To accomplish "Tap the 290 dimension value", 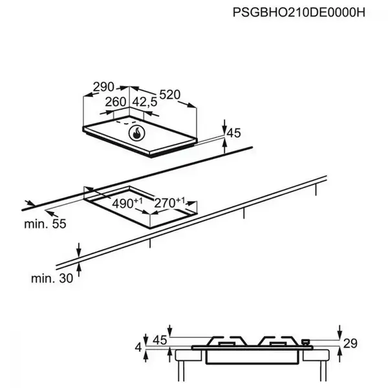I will coord(103,86).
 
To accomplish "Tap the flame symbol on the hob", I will coord(137,134).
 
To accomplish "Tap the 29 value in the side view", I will coord(350,344).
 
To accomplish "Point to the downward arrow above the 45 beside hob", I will coord(224,124).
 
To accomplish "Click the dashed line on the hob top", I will coord(126,121).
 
